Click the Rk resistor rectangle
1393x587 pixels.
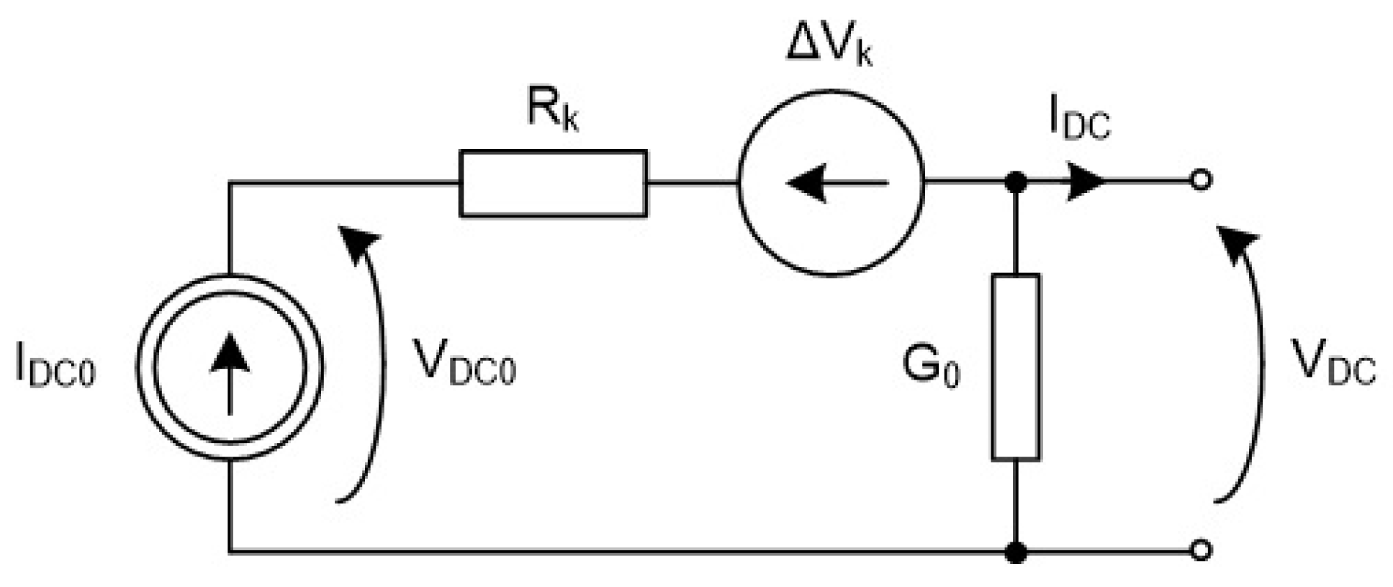(553, 183)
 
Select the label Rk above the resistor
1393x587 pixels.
(551, 112)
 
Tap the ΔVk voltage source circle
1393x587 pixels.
(830, 183)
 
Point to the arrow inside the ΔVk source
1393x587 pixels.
(835, 183)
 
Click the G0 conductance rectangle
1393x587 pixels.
(1015, 367)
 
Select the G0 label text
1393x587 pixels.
(931, 368)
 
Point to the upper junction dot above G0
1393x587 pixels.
(1015, 182)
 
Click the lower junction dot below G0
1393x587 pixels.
(1015, 552)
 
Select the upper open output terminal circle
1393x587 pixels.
(1200, 180)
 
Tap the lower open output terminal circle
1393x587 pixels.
(1200, 551)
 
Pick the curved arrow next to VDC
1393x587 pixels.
(1251, 360)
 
